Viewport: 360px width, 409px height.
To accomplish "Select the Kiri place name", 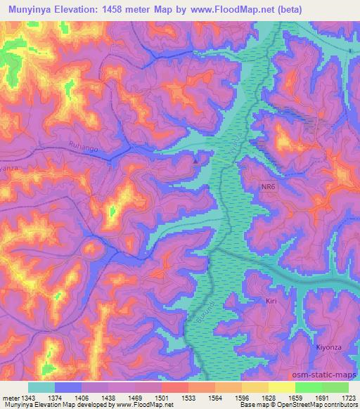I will (272, 301).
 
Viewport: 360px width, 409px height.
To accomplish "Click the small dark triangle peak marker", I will (195, 160).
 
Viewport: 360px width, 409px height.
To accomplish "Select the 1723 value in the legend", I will (347, 398).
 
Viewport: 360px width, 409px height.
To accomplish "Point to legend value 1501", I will (162, 398).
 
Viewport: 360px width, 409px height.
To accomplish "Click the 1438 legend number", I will (109, 398).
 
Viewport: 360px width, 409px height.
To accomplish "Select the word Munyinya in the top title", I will (34, 10).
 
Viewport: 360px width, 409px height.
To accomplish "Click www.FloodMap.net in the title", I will (242, 10).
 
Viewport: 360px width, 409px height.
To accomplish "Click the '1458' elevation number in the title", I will (129, 10).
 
